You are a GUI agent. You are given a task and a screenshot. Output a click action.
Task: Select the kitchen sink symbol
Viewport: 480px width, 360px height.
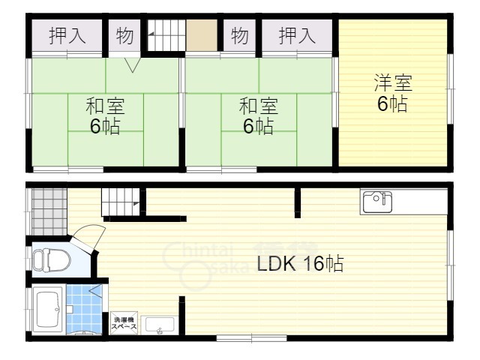click(x=377, y=201)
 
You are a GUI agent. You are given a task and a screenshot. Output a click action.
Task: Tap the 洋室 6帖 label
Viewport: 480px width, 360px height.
click(x=392, y=93)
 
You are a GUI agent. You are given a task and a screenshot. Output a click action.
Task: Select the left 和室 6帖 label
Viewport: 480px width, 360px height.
click(x=105, y=116)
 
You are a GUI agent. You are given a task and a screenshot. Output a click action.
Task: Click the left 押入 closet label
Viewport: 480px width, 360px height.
click(x=67, y=35)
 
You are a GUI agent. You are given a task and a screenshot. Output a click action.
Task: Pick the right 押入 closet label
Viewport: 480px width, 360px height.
click(x=296, y=35)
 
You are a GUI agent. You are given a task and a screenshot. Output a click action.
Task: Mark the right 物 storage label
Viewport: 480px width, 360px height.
click(x=239, y=35)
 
